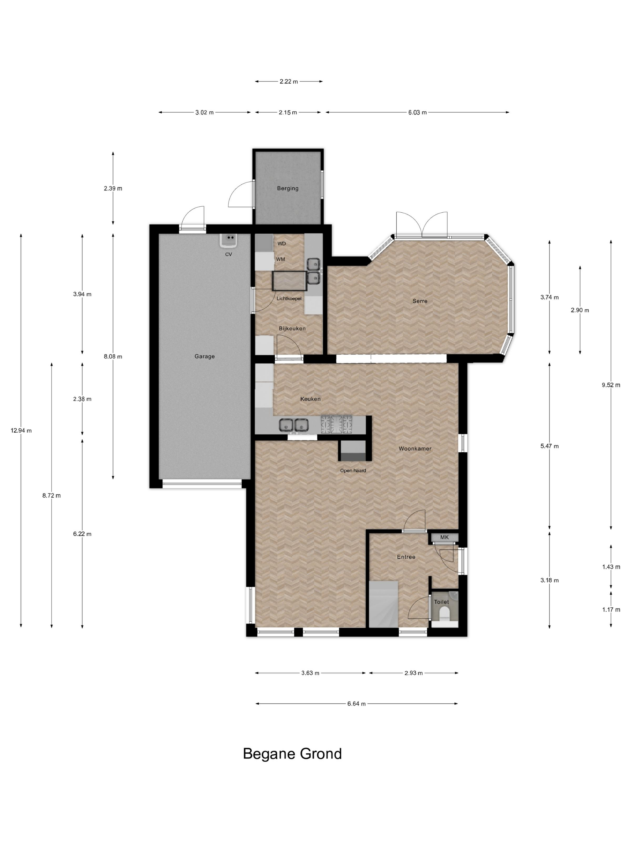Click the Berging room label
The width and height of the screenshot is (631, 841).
[288, 188]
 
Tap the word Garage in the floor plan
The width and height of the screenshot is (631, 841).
[205, 356]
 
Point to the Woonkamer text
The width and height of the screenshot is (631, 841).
[415, 449]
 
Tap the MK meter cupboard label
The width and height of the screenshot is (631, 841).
[444, 537]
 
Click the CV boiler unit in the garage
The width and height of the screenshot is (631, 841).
[229, 240]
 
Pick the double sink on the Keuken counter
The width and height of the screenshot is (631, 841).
[294, 424]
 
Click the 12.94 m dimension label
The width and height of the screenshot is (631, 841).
[21, 431]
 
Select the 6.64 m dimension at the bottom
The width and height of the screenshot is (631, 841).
[356, 704]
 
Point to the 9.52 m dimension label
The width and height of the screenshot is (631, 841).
[611, 385]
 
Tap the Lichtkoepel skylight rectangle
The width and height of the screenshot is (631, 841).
[289, 281]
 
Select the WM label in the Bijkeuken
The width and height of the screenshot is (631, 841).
[281, 259]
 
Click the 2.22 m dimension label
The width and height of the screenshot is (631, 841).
[289, 81]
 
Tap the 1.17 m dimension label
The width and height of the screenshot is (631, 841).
[611, 610]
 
